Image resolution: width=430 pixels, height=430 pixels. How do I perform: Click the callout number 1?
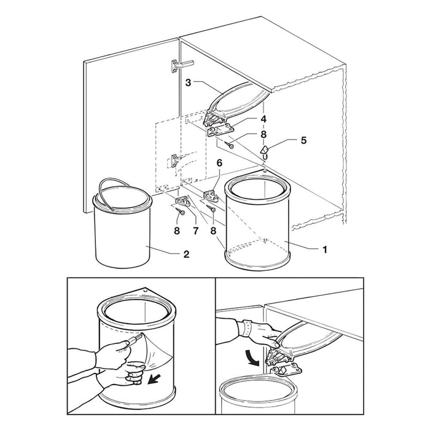[x=325, y=249]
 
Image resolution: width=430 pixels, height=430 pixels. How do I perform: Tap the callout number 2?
[x=186, y=254]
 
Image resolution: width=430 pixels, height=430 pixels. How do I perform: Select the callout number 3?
[x=188, y=82]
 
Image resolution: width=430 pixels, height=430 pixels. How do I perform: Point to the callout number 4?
[x=264, y=119]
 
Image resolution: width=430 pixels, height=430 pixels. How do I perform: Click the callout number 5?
[x=303, y=140]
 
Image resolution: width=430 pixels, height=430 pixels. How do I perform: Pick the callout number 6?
[x=219, y=163]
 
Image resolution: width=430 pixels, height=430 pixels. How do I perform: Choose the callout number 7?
[x=195, y=231]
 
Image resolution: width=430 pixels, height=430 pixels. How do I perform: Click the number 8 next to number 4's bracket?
[x=264, y=135]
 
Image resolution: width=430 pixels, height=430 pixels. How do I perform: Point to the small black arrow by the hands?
[x=154, y=380]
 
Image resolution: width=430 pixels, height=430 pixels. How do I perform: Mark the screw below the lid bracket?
[x=229, y=144]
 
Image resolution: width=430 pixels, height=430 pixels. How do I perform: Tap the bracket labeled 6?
[x=211, y=195]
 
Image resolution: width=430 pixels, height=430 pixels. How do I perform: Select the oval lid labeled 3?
[x=238, y=101]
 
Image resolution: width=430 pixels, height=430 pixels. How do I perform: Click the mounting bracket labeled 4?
[x=221, y=130]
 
